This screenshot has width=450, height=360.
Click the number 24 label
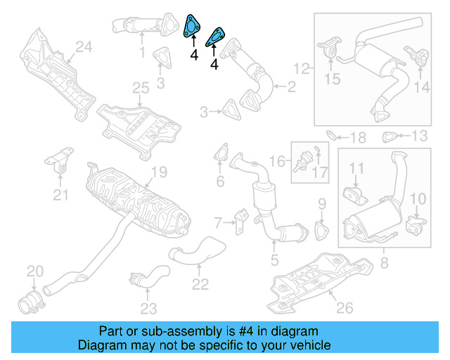tap(84, 47)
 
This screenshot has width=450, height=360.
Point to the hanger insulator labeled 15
tap(327, 53)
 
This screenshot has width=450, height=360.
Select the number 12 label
tap(302, 68)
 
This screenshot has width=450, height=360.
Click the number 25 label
tap(141, 88)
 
